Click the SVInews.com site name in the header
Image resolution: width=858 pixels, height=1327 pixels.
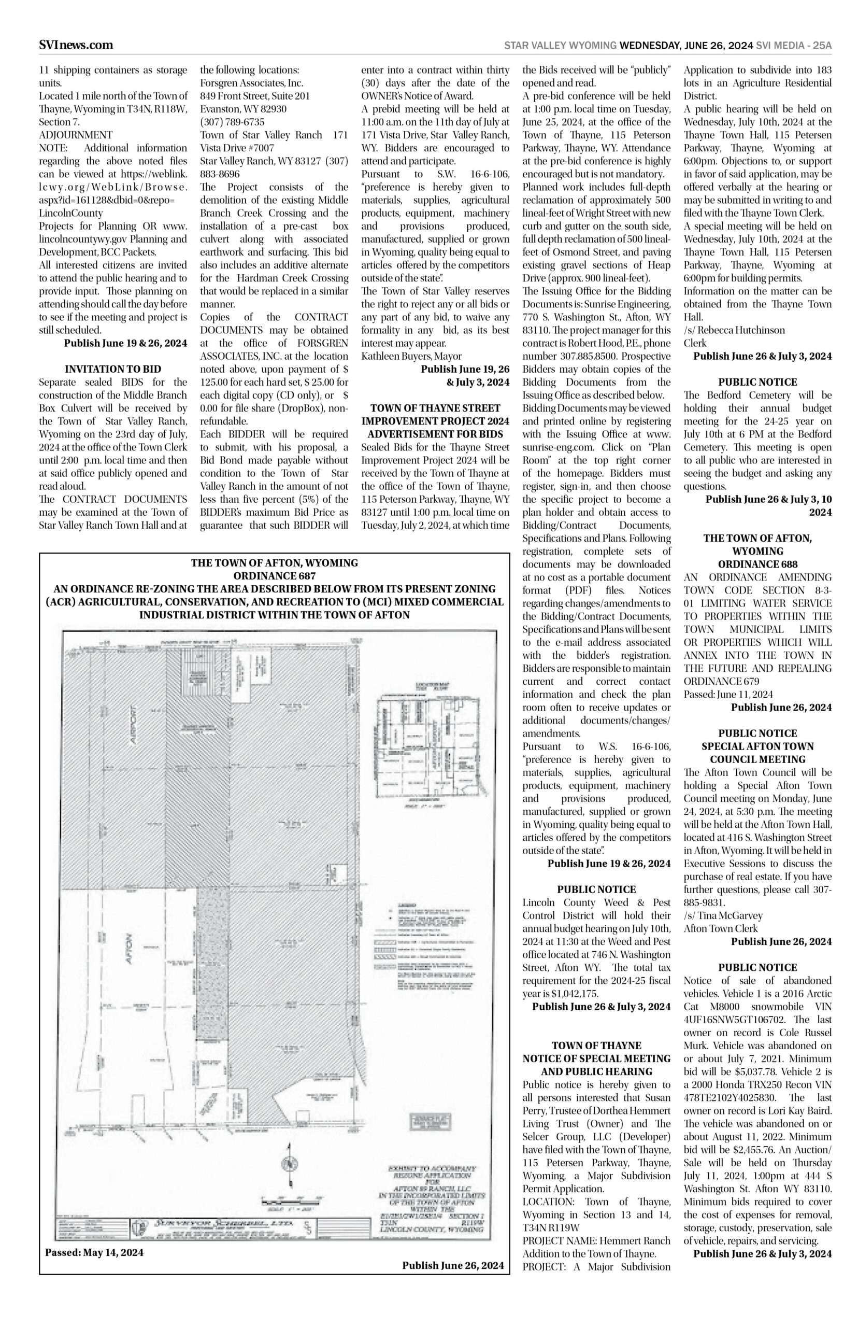pyautogui.click(x=76, y=45)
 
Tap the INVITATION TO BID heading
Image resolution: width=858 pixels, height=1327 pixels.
pyautogui.click(x=113, y=369)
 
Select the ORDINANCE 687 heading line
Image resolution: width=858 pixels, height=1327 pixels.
pyautogui.click(x=274, y=576)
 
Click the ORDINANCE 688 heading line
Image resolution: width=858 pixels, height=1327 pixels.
pyautogui.click(x=757, y=564)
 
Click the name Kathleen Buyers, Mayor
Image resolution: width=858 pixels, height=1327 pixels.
pyautogui.click(x=412, y=356)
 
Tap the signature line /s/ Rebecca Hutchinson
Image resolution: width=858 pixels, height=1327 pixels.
pyautogui.click(x=734, y=330)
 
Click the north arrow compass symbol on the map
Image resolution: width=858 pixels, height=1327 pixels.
pyautogui.click(x=289, y=1164)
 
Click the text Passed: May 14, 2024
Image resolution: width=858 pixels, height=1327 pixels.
pyautogui.click(x=94, y=1252)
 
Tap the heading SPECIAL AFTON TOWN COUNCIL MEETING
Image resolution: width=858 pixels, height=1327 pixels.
pyautogui.click(x=757, y=752)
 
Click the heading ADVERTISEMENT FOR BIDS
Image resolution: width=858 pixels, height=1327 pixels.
pyautogui.click(x=435, y=433)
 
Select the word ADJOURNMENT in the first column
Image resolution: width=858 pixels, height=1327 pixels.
pyautogui.click(x=76, y=135)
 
